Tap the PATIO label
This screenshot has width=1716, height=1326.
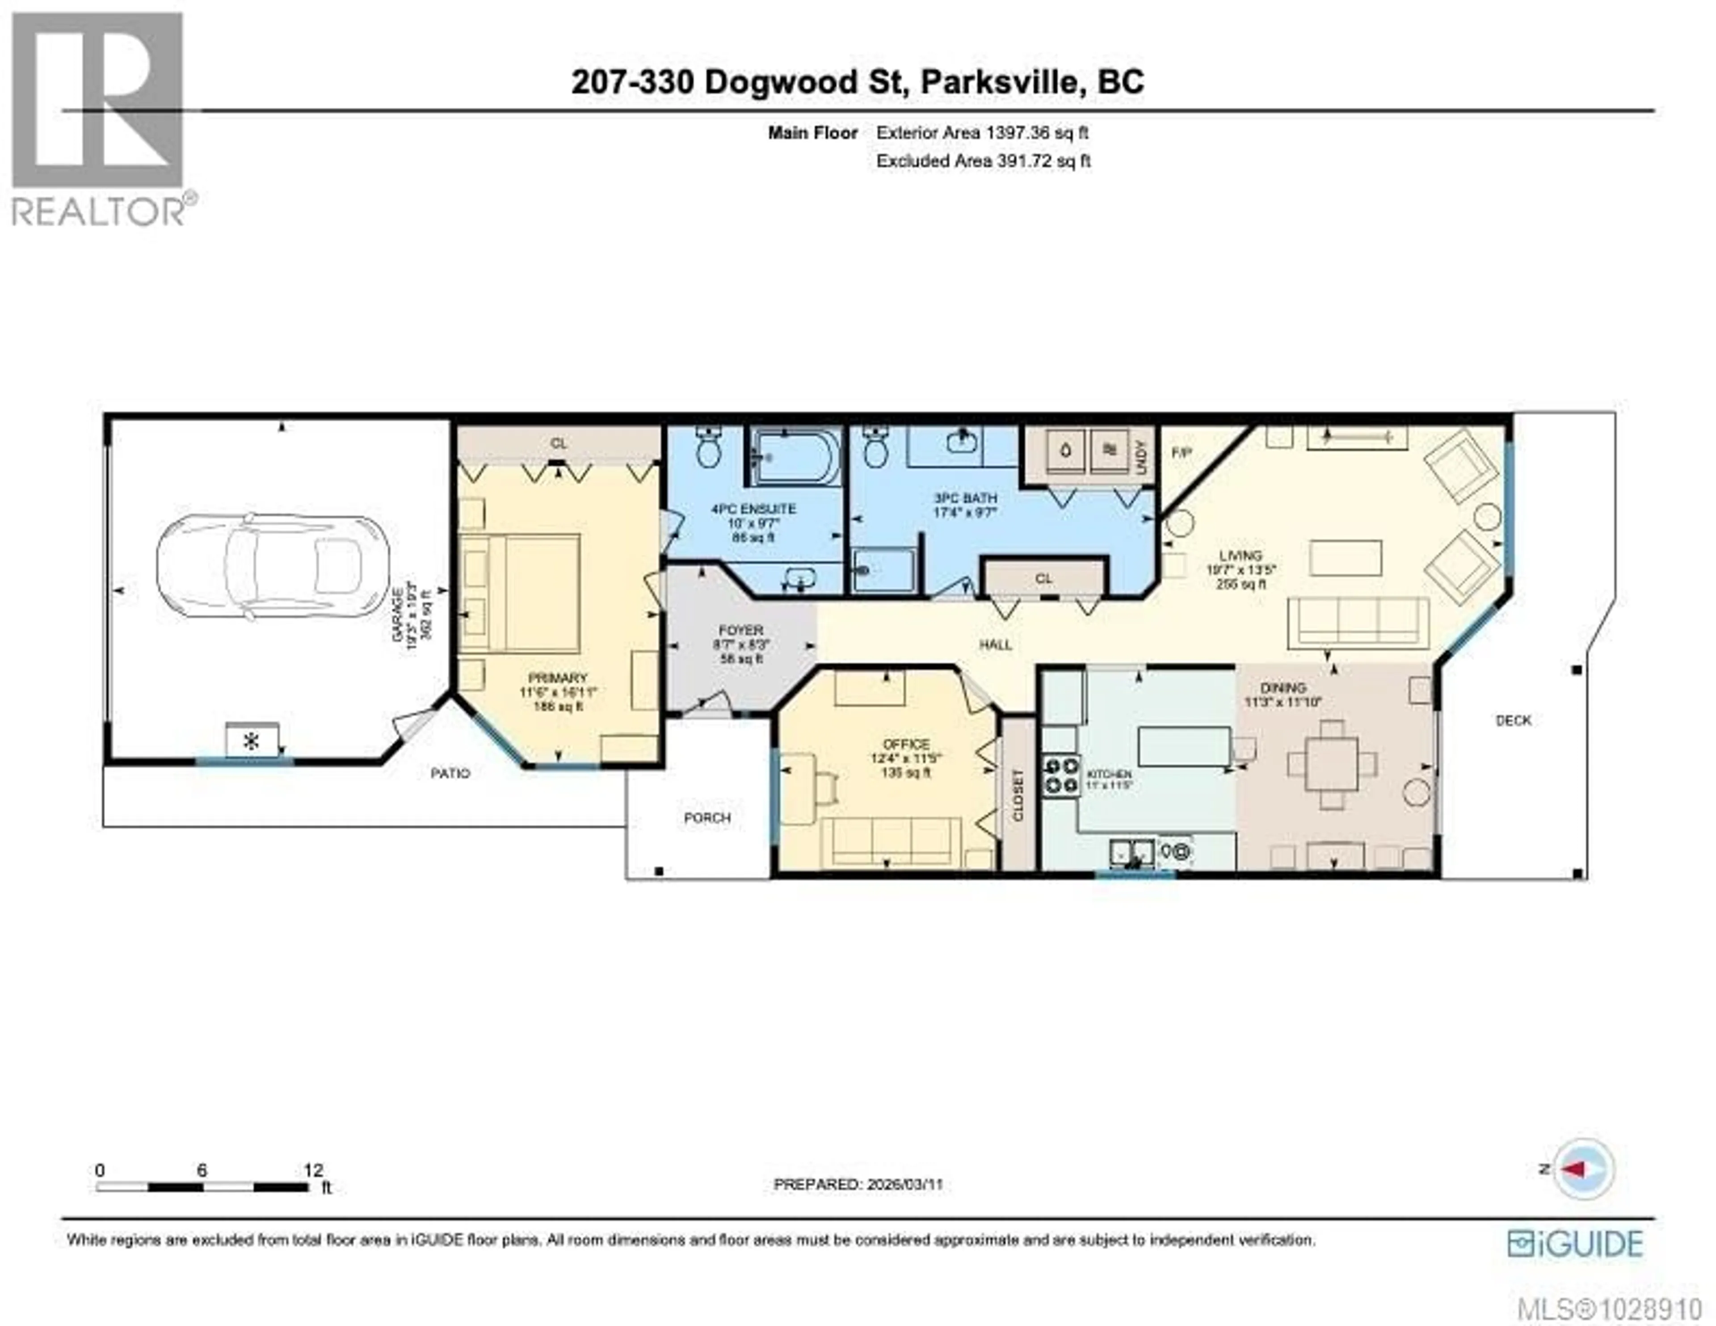[x=450, y=774]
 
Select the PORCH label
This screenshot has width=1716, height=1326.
[x=707, y=817]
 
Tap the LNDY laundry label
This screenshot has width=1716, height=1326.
[x=1141, y=456]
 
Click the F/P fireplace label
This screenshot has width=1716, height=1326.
[x=1181, y=453]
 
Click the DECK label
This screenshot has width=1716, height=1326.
[x=1513, y=720]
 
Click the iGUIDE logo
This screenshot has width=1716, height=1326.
[x=1575, y=1243]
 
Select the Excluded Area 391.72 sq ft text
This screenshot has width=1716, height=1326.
[x=983, y=161]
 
